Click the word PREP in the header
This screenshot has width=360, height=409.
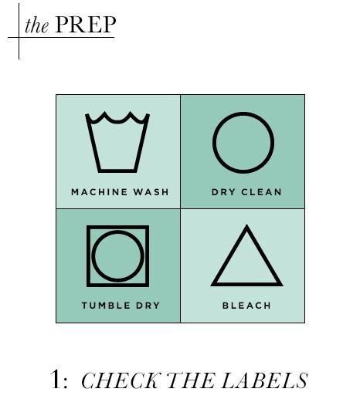point(86,24)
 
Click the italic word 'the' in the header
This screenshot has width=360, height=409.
point(37,25)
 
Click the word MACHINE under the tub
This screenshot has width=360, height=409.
point(100,192)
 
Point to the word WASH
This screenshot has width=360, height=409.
point(151,192)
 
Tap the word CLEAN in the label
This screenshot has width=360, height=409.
point(262,192)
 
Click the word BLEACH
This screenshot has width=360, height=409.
point(246,306)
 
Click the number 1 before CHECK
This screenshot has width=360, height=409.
point(56,379)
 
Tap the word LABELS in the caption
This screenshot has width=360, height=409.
point(265,380)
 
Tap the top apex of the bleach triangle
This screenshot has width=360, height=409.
point(246,225)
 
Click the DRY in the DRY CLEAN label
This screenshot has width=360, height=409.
point(223,192)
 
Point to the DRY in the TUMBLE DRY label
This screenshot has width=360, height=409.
point(148,306)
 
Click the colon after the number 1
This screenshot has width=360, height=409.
point(65,382)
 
